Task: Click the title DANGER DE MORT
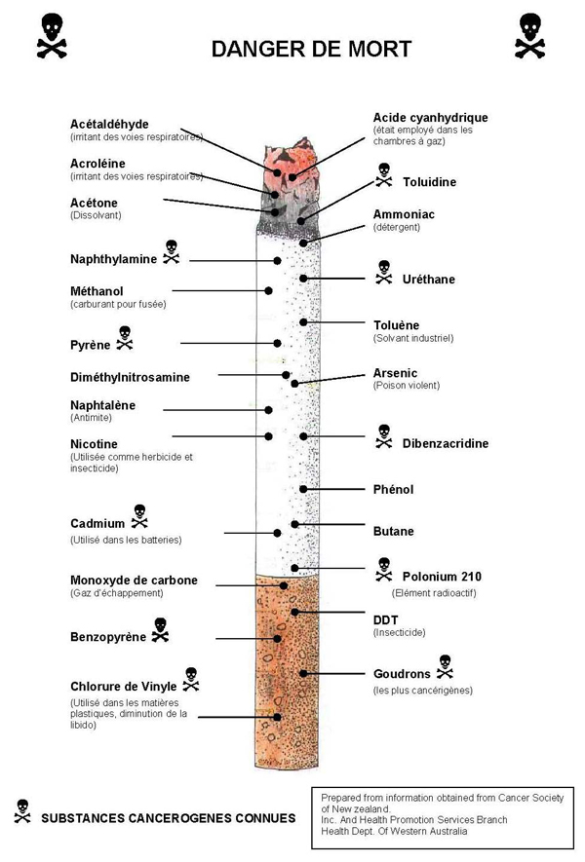(x=311, y=49)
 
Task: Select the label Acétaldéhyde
(x=109, y=124)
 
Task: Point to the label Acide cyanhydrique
(x=430, y=118)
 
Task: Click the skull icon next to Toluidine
(x=383, y=175)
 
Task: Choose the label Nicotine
(x=94, y=444)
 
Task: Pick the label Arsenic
(x=395, y=373)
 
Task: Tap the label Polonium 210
(x=442, y=577)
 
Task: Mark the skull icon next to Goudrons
(x=445, y=666)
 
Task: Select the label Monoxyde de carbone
(x=134, y=581)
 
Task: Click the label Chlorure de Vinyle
(x=123, y=686)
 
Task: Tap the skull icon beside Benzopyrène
(x=160, y=630)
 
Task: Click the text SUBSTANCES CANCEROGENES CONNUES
(x=168, y=818)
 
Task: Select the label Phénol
(x=393, y=489)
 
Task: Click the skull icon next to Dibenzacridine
(x=383, y=436)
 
